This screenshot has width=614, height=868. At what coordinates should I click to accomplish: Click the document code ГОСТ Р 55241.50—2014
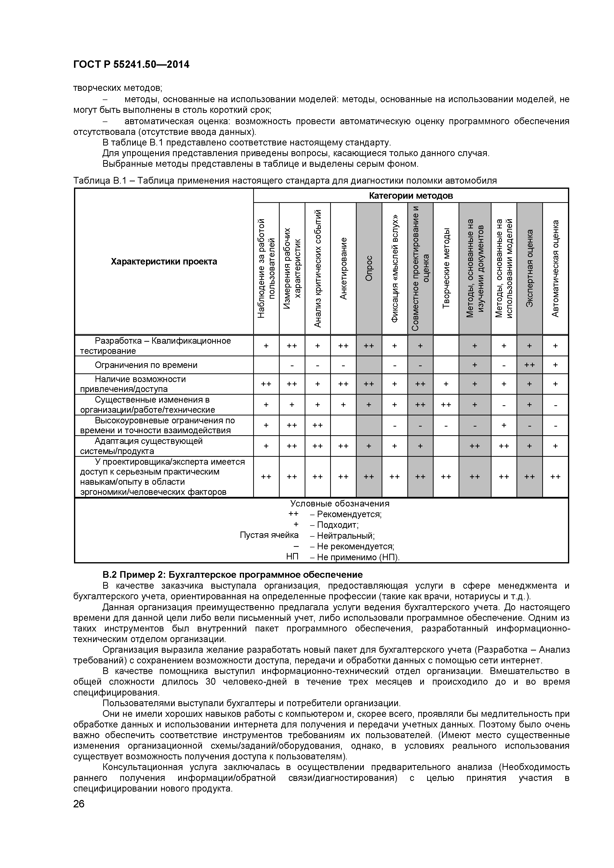coord(131,65)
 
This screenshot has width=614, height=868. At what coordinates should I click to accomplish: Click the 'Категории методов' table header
coord(411,196)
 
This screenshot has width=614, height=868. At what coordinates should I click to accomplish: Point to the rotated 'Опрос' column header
coord(369,268)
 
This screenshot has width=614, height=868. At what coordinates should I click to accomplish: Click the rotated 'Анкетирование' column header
coord(343,268)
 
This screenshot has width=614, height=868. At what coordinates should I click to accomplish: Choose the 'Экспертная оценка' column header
coord(530,268)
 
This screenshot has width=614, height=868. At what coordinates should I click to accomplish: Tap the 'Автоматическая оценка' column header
coord(555,268)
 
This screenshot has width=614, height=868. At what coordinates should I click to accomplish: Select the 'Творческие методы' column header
coord(446,268)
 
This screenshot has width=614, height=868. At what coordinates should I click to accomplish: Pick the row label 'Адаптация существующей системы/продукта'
coord(148,446)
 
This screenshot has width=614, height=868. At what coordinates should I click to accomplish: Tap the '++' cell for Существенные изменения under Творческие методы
coord(446,405)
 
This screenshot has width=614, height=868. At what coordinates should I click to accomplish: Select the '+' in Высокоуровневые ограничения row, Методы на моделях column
coord(504,426)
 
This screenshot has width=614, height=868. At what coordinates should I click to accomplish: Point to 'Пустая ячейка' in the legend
coord(269,535)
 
